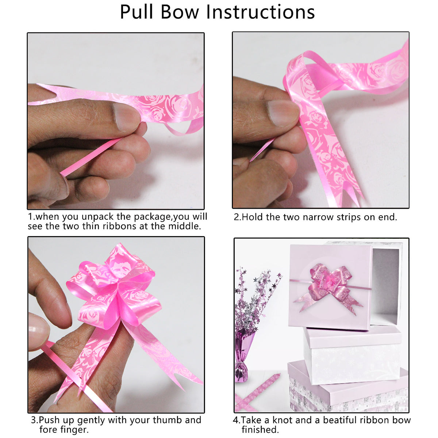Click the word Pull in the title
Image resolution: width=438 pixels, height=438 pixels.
click(137, 12)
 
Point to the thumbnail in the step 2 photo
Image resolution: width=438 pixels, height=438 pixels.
click(283, 113)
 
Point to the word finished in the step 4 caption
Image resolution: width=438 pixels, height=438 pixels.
click(260, 430)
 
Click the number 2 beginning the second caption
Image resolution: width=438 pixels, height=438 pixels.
click(236, 217)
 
